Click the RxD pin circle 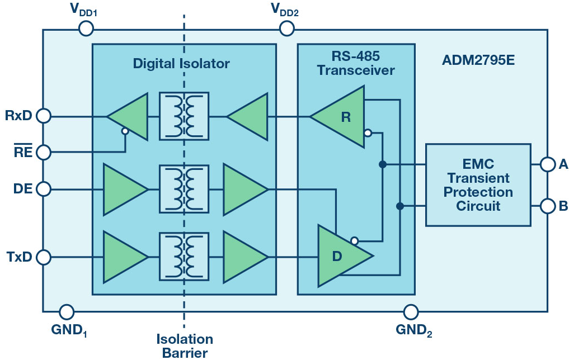point(43,116)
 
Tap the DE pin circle point(43,190)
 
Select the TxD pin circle point(43,257)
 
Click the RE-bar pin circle point(43,152)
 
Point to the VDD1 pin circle point(86,28)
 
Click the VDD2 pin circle point(287,28)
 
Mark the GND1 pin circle point(66,311)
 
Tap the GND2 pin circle point(411,311)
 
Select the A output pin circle point(548,164)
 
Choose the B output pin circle point(548,206)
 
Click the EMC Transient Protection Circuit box point(478,185)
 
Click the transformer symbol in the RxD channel point(184,116)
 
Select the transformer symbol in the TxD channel point(184,257)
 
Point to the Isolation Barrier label point(185,345)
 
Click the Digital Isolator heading point(181,63)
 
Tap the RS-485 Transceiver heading point(356,64)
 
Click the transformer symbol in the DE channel point(184,190)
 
